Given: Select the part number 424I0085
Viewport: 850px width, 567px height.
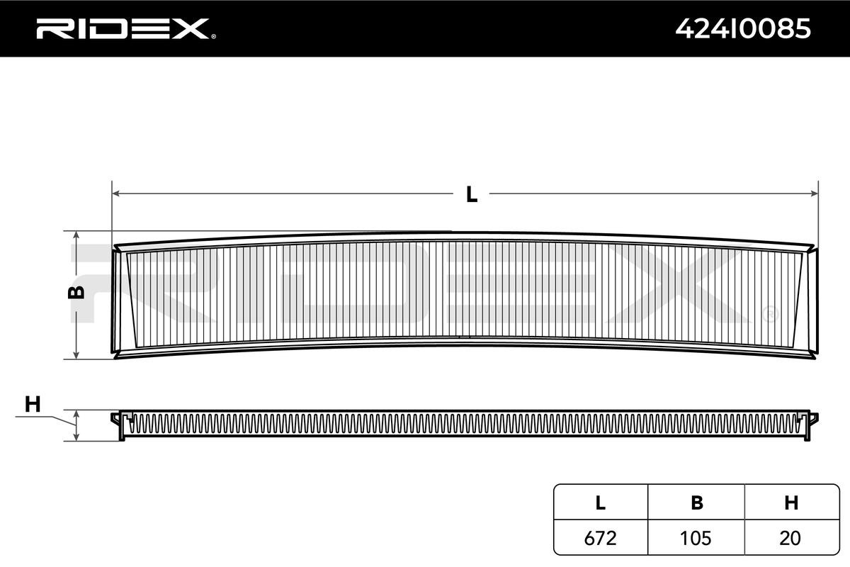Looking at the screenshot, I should (x=743, y=28).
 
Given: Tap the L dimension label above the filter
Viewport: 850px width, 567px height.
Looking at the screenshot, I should (x=471, y=193).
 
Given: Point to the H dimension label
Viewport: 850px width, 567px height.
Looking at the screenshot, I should (x=33, y=405).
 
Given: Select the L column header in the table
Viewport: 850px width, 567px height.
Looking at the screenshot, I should (x=600, y=503).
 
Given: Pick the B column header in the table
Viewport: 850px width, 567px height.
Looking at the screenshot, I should (x=697, y=503).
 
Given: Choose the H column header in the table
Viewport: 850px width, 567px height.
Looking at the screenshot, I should (x=791, y=503).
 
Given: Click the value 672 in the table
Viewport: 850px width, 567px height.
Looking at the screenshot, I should (x=600, y=538).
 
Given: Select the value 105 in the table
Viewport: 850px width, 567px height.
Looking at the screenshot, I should (x=697, y=538).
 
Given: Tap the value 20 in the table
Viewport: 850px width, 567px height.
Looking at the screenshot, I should (x=791, y=538).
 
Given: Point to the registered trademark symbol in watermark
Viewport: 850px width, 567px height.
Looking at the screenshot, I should (x=770, y=313).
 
